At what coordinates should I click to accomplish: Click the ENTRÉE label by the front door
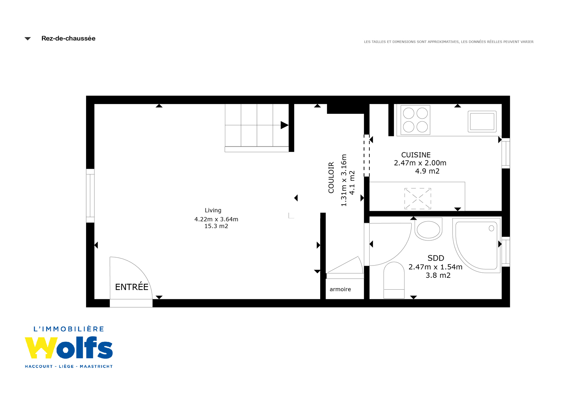pyautogui.click(x=132, y=287)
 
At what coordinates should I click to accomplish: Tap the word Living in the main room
pyautogui.click(x=213, y=210)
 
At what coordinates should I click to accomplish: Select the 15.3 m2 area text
pyautogui.click(x=216, y=226)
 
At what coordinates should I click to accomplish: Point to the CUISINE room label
pyautogui.click(x=416, y=155)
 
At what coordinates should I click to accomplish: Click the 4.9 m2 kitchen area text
pyautogui.click(x=427, y=171)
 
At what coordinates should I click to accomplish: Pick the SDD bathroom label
pyautogui.click(x=436, y=258)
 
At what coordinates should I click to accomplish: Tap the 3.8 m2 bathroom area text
pyautogui.click(x=438, y=275)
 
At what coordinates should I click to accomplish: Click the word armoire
pyautogui.click(x=340, y=289)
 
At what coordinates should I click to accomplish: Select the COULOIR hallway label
pyautogui.click(x=331, y=178)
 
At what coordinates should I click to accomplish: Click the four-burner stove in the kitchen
pyautogui.click(x=415, y=120)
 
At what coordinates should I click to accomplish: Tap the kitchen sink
pyautogui.click(x=482, y=121)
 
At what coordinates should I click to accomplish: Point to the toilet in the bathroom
pyautogui.click(x=394, y=280)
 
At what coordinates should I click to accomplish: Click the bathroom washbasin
pyautogui.click(x=428, y=229)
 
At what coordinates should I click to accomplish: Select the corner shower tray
pyautogui.click(x=476, y=245)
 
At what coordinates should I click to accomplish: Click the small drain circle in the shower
pyautogui.click(x=491, y=228)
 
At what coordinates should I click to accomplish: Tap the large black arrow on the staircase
pyautogui.click(x=284, y=125)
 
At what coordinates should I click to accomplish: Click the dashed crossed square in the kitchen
pyautogui.click(x=417, y=198)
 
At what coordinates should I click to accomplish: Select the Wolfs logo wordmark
pyautogui.click(x=69, y=348)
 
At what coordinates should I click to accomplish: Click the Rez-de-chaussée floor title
pyautogui.click(x=68, y=39)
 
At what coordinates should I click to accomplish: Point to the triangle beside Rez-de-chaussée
pyautogui.click(x=28, y=39)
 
